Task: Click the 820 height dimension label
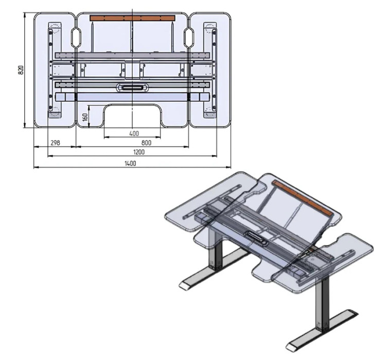tap(21, 70)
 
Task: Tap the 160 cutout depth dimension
tap(85, 117)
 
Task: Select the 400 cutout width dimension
tap(134, 133)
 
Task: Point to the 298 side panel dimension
tap(55, 143)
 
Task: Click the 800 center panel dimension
tap(146, 143)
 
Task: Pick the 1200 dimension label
tap(139, 152)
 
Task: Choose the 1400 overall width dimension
tap(130, 163)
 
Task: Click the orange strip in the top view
tap(132, 18)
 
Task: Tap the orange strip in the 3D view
tap(303, 198)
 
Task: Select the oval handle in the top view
tap(132, 87)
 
